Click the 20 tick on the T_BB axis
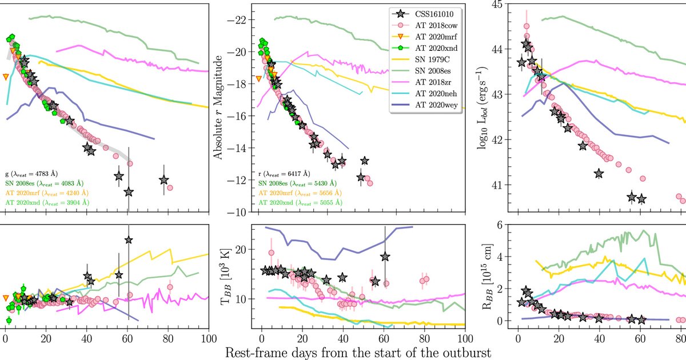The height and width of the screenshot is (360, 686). (x=241, y=250)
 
